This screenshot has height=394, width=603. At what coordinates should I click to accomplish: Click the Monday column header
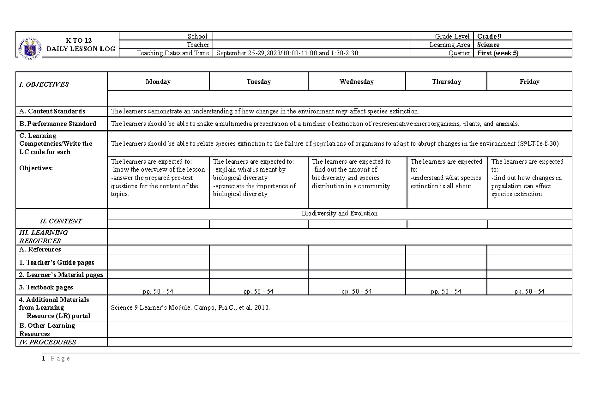click(x=158, y=82)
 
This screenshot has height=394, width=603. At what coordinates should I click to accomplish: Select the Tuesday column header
click(x=259, y=82)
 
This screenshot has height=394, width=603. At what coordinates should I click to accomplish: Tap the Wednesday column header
click(x=356, y=82)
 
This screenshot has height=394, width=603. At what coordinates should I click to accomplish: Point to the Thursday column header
click(x=446, y=82)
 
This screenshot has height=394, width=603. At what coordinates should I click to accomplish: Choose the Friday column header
click(x=530, y=82)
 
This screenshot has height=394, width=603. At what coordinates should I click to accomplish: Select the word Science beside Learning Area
click(x=488, y=45)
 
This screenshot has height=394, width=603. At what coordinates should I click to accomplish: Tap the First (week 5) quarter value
click(x=497, y=53)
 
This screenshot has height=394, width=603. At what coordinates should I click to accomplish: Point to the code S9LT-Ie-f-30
click(x=538, y=144)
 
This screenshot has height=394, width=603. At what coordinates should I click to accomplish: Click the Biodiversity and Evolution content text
click(x=339, y=214)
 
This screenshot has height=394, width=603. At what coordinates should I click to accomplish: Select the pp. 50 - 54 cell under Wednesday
click(x=356, y=291)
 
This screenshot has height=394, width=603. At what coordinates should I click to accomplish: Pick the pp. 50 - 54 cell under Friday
click(x=529, y=291)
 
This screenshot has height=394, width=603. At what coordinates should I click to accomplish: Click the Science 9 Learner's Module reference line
click(x=190, y=308)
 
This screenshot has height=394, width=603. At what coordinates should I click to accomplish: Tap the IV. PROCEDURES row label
click(x=48, y=342)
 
